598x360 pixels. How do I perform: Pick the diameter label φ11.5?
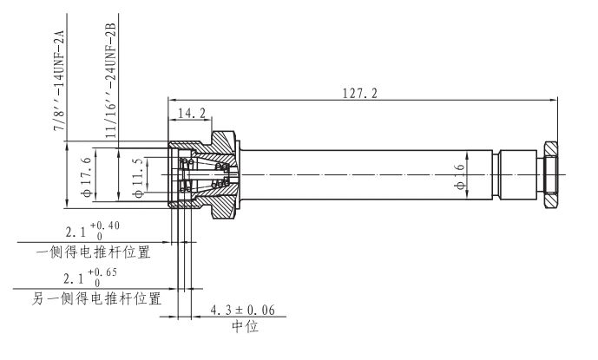click(138, 175)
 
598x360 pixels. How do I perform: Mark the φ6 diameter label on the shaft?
click(460, 174)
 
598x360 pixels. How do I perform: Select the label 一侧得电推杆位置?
click(94, 252)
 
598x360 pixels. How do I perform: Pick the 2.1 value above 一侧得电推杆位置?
click(76, 232)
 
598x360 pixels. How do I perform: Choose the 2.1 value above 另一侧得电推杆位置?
click(76, 278)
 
